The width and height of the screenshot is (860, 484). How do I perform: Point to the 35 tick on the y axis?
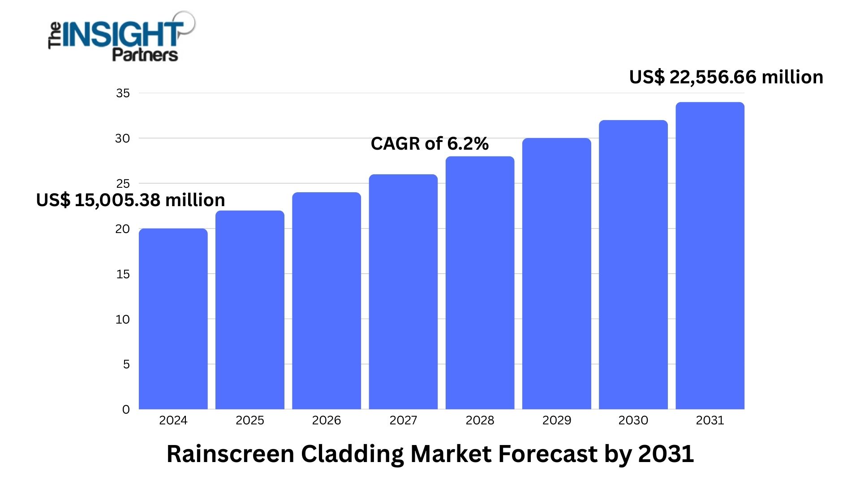(x=123, y=93)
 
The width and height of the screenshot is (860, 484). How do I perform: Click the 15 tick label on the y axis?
(x=123, y=274)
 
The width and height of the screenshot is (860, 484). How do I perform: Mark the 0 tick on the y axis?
(x=126, y=410)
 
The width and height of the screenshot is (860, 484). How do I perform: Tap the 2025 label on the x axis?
(x=249, y=420)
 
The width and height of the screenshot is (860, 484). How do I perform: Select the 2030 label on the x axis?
(x=633, y=420)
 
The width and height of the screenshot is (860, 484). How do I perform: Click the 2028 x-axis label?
(x=480, y=420)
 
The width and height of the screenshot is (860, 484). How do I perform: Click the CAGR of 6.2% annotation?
(x=430, y=144)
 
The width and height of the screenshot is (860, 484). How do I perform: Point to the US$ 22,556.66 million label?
(x=726, y=77)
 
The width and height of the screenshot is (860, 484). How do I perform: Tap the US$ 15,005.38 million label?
(x=130, y=200)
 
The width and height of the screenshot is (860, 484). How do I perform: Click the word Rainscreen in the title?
(x=230, y=454)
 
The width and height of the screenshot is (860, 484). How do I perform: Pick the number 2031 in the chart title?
(x=666, y=454)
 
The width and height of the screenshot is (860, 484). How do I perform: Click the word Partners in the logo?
(x=145, y=55)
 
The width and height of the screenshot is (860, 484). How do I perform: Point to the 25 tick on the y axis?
(x=123, y=184)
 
